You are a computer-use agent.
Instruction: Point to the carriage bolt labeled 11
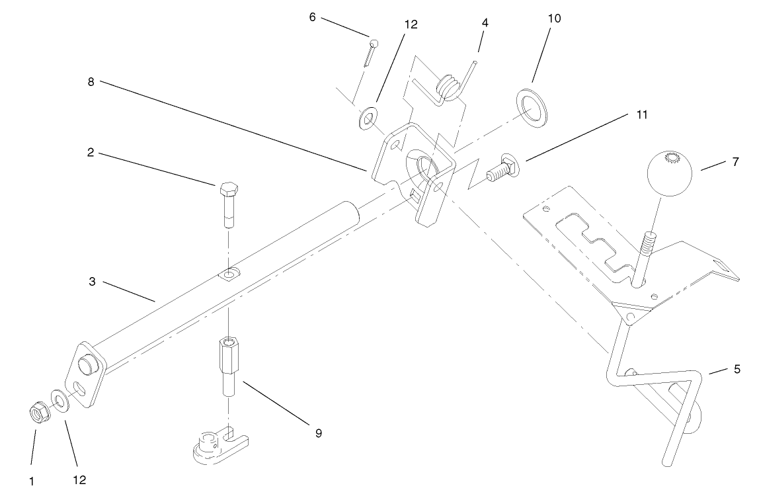[500, 170]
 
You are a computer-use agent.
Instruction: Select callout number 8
[91, 83]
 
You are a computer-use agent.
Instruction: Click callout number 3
[92, 281]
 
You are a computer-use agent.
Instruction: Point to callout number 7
[735, 162]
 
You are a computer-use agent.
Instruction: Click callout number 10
[554, 19]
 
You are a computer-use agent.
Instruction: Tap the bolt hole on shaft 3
[229, 273]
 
